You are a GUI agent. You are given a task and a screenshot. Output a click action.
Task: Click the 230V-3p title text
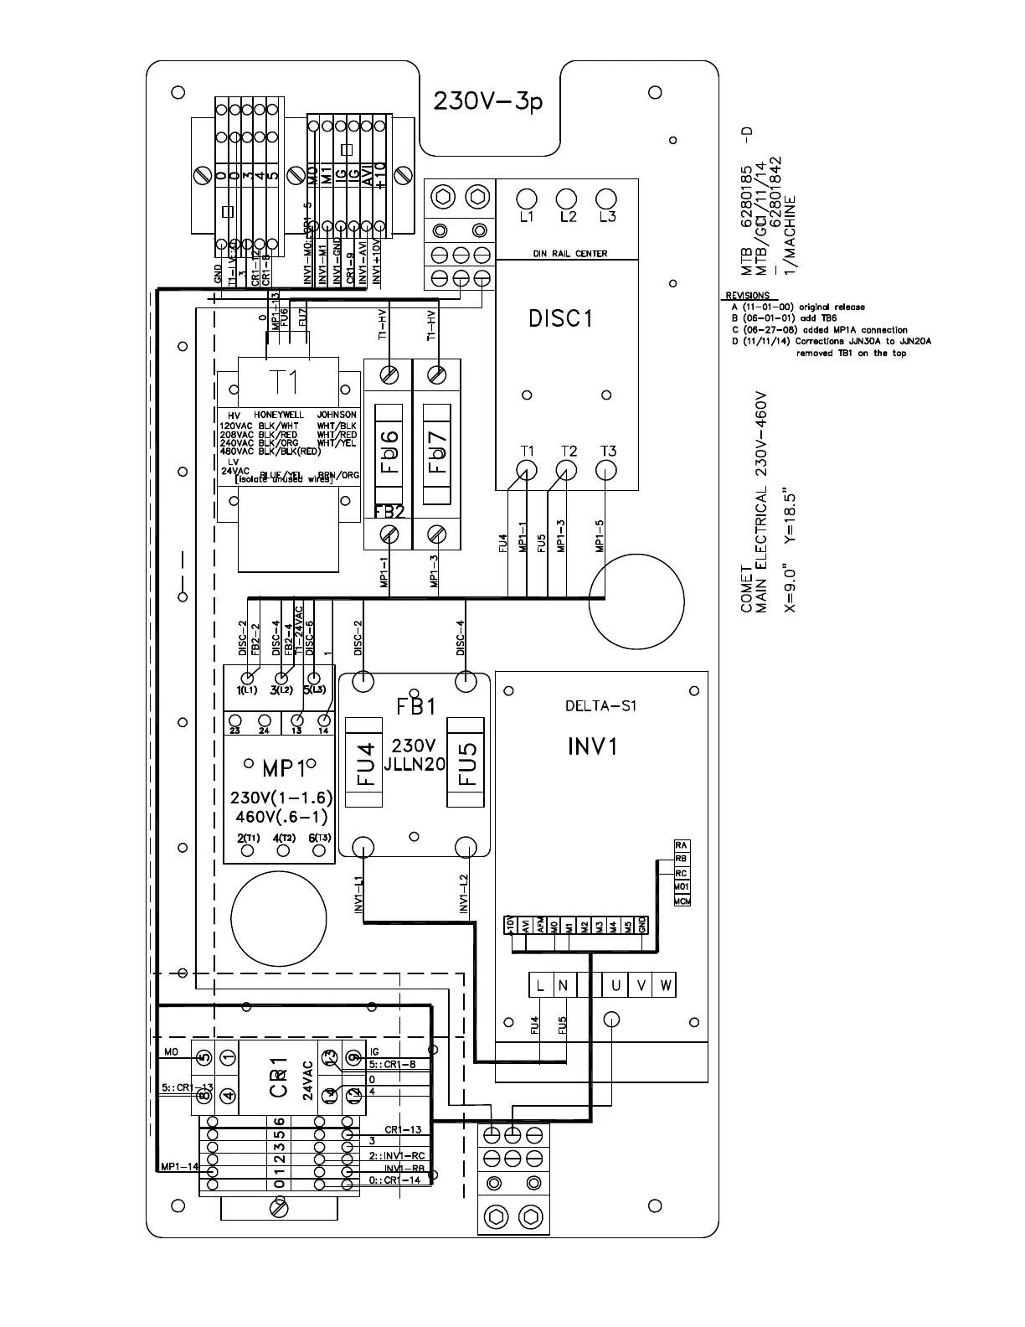click(488, 101)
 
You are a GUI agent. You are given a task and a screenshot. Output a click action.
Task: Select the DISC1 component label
click(561, 318)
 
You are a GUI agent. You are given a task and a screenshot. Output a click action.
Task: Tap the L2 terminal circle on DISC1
click(567, 199)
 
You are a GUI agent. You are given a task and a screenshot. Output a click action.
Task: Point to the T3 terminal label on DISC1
click(608, 452)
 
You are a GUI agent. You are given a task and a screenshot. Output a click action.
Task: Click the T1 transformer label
click(284, 382)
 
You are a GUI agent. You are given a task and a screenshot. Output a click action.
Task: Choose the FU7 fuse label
click(438, 452)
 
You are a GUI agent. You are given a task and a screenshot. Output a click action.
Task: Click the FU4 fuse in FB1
click(366, 762)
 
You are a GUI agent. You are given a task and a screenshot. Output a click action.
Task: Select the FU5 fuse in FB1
click(466, 762)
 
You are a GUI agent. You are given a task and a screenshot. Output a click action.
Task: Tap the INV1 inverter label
click(592, 746)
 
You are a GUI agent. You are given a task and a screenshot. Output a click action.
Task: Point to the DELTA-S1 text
click(600, 705)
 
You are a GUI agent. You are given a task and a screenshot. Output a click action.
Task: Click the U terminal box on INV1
click(616, 985)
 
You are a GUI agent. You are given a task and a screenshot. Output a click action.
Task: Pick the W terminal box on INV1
click(666, 985)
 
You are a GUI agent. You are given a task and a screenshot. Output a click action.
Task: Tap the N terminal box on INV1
click(563, 985)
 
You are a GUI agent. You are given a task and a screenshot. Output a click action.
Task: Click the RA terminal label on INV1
click(682, 845)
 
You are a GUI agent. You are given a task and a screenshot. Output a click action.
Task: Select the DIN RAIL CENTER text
click(569, 253)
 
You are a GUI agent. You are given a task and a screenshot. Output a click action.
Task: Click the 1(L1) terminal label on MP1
click(247, 690)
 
